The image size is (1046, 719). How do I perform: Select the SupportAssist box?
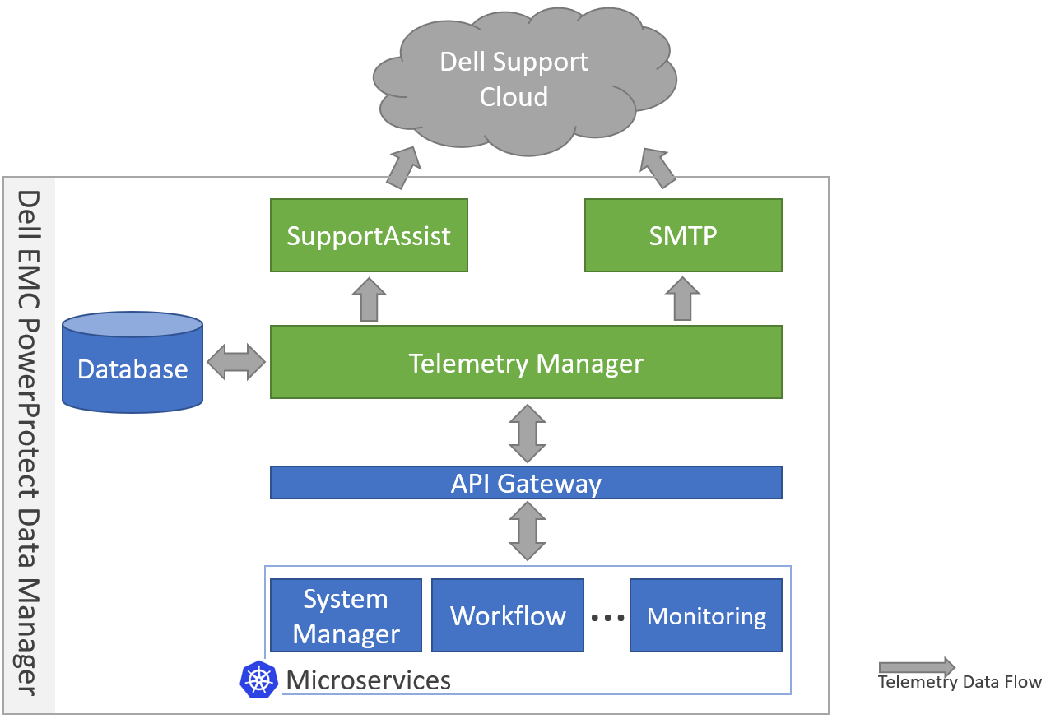click(369, 235)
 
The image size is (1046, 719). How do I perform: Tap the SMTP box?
click(682, 235)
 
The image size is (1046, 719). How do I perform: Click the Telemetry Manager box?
click(526, 362)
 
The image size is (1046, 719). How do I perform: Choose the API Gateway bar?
click(526, 483)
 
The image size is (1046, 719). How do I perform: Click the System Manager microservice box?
click(346, 616)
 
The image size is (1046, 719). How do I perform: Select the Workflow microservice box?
click(508, 616)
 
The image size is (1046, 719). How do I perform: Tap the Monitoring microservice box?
click(705, 616)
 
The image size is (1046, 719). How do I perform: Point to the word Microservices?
click(368, 680)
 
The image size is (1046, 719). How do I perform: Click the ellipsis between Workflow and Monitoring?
click(608, 618)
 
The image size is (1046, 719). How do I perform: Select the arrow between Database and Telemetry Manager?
click(236, 362)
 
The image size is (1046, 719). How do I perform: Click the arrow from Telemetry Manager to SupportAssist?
click(369, 299)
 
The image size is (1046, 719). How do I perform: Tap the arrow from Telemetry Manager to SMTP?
click(682, 299)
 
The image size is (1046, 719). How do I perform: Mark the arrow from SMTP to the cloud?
click(658, 169)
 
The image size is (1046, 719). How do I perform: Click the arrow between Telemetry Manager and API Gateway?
click(527, 432)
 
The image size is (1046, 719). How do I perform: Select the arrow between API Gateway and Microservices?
click(527, 531)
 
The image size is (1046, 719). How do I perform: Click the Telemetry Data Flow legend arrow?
click(916, 666)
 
